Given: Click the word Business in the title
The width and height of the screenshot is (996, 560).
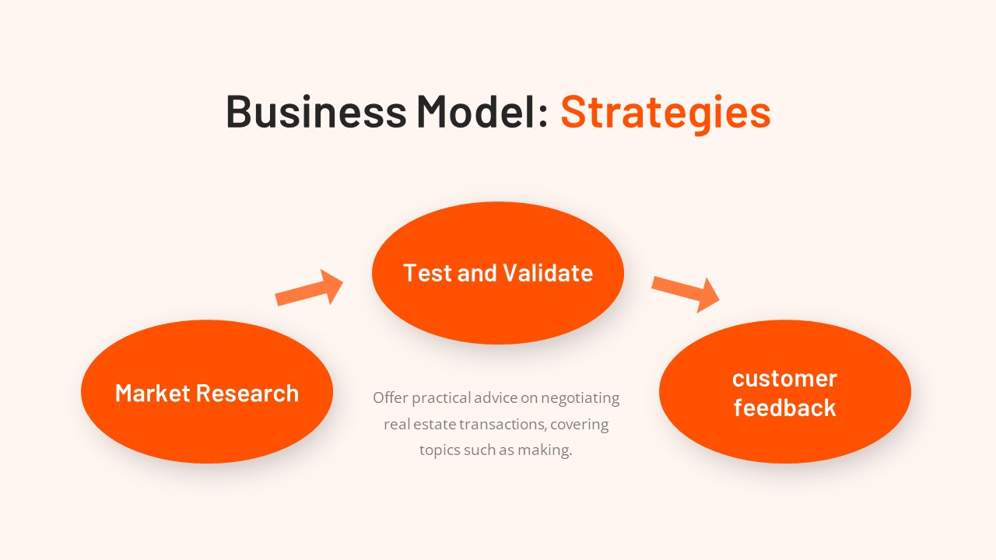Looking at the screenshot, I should [x=315, y=111].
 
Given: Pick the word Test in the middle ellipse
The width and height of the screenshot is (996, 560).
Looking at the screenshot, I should [x=427, y=273].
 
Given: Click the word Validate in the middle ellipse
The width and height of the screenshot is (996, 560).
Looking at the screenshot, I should [x=548, y=273].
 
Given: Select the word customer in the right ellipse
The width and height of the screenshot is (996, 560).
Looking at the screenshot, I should [x=784, y=379].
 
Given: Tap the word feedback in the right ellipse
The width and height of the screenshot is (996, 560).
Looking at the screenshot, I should [x=784, y=408].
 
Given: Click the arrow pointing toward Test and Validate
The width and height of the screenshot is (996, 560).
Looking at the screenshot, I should [x=310, y=289].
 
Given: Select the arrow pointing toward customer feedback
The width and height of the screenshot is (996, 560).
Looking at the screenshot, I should [x=686, y=292].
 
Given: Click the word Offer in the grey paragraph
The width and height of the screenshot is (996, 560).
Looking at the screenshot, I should [x=390, y=398].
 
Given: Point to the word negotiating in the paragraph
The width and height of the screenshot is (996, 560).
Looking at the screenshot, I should [x=580, y=398].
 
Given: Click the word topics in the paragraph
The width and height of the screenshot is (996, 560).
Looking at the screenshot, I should [x=439, y=450].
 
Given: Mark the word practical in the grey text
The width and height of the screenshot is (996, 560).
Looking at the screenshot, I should [x=441, y=398].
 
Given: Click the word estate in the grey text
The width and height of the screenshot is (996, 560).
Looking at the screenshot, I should [x=436, y=425].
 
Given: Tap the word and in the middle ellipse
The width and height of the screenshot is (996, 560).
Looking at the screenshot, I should [x=477, y=273].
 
